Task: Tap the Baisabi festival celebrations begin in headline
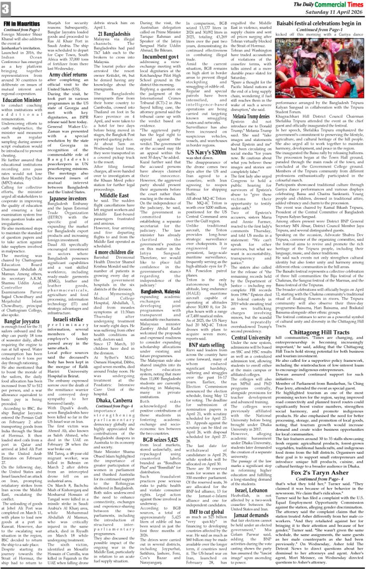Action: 317,24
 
